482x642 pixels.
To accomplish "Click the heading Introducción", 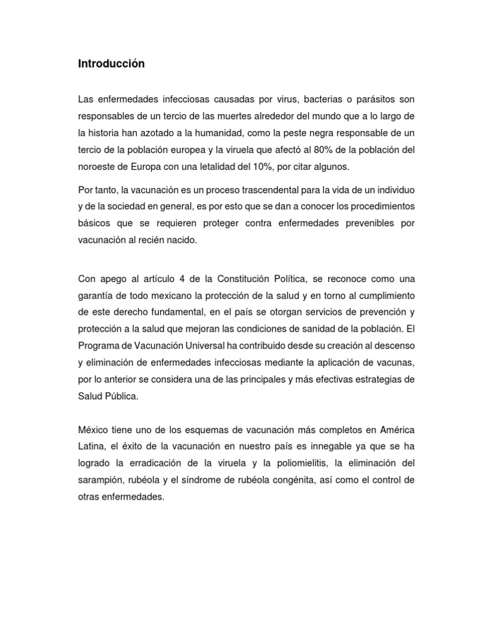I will pos(111,64).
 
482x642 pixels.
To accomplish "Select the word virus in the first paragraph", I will pos(286,100).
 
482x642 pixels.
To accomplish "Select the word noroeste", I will pos(97,166).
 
